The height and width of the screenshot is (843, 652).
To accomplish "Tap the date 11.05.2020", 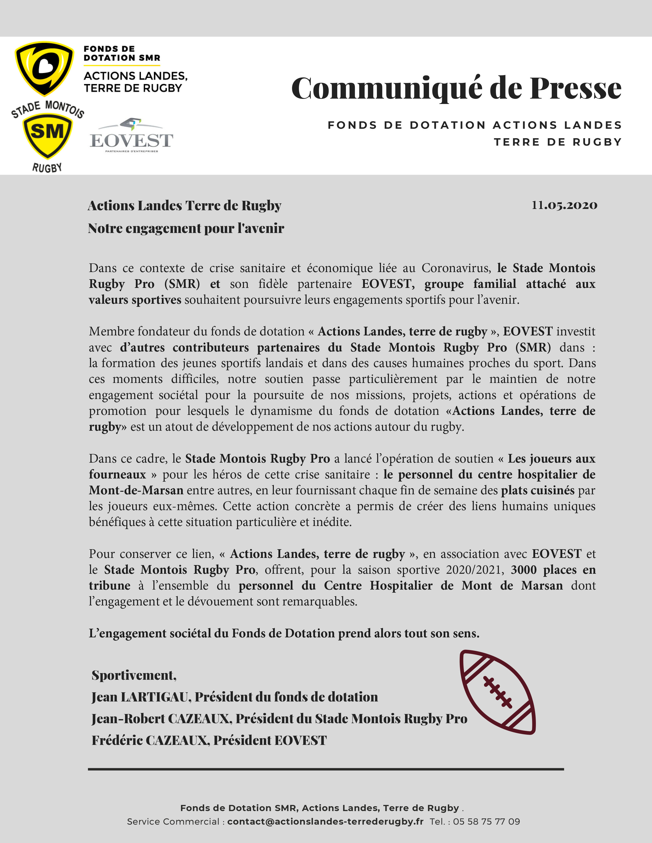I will (564, 205).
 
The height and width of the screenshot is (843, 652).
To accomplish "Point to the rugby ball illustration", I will (498, 692).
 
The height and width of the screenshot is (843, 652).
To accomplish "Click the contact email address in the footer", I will (325, 821).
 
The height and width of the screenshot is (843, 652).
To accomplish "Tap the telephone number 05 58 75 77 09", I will (486, 821).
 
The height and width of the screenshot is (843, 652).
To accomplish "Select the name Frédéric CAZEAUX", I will (150, 740).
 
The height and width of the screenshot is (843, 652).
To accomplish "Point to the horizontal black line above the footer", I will (325, 769).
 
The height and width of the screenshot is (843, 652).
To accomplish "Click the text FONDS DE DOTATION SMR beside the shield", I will (122, 53).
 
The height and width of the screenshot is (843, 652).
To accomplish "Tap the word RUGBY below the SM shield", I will (47, 168).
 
